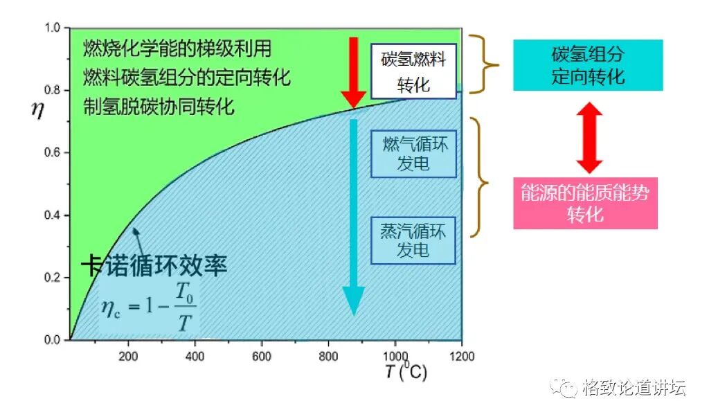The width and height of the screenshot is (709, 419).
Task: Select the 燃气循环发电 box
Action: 413,153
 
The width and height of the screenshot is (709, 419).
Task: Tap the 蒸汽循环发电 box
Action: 413,240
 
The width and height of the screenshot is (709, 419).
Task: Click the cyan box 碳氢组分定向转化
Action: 588,65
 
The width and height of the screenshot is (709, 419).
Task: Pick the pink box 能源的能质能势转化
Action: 585,204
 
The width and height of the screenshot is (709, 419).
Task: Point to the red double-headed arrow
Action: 589,138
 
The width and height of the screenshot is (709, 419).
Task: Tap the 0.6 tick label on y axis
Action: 53,153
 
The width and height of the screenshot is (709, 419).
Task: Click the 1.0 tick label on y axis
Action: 53,28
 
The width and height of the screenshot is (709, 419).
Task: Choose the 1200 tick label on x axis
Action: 461,355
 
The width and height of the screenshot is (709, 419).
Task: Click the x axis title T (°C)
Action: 406,372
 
